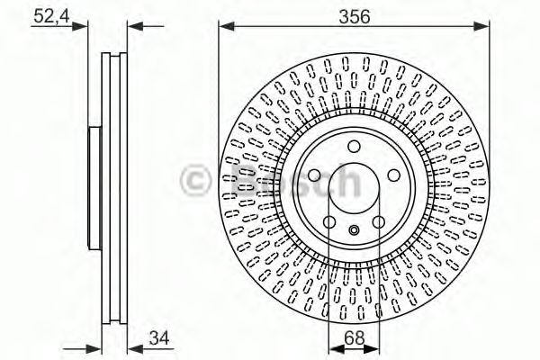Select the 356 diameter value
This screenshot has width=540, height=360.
(x=354, y=15)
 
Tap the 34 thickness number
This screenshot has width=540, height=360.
(x=159, y=337)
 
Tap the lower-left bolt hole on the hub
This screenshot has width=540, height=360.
(x=329, y=222)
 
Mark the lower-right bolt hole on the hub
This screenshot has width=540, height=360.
(x=378, y=222)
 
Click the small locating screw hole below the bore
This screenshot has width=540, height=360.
(x=354, y=231)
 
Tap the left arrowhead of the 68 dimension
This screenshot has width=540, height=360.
(x=332, y=347)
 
